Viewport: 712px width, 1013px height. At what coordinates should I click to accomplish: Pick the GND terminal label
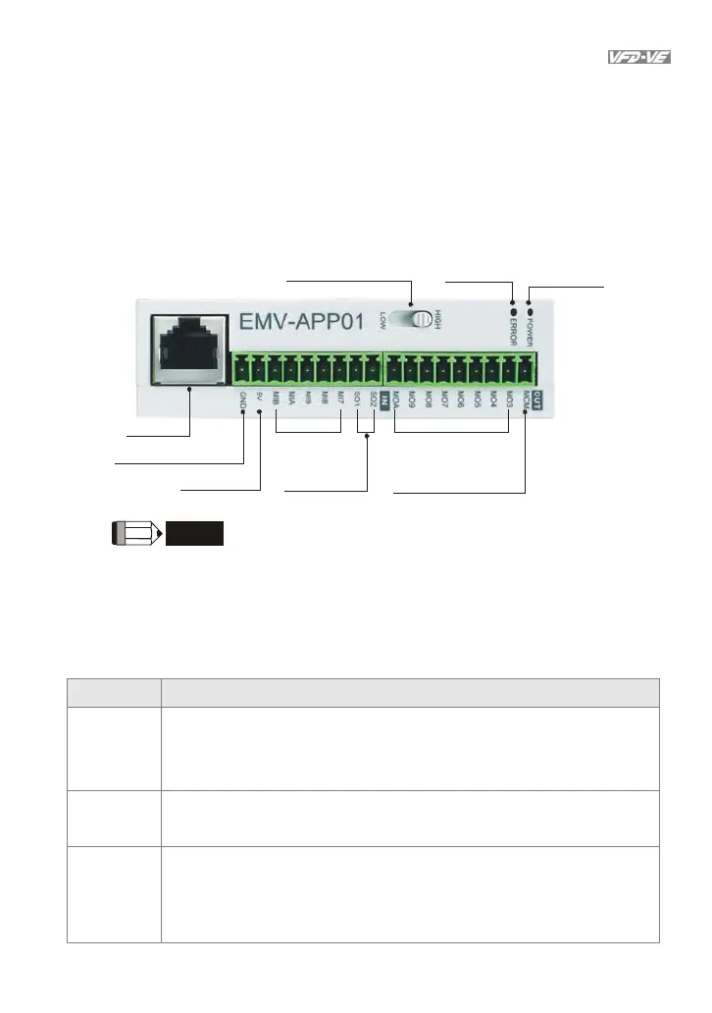pos(242,401)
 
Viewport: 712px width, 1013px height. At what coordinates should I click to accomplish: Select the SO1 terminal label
pos(357,400)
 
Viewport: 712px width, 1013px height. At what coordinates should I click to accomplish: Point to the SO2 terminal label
pos(374,400)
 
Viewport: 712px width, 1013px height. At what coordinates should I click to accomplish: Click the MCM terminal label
pos(527,400)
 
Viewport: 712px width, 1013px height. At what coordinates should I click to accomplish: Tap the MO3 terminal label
pos(510,400)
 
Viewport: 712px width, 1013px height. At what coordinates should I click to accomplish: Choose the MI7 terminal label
pos(340,400)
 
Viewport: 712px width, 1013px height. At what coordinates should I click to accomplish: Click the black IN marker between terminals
pos(386,400)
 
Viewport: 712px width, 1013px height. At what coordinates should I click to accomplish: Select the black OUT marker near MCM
pos(537,399)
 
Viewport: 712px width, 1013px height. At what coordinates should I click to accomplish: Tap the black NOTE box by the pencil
pos(194,533)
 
